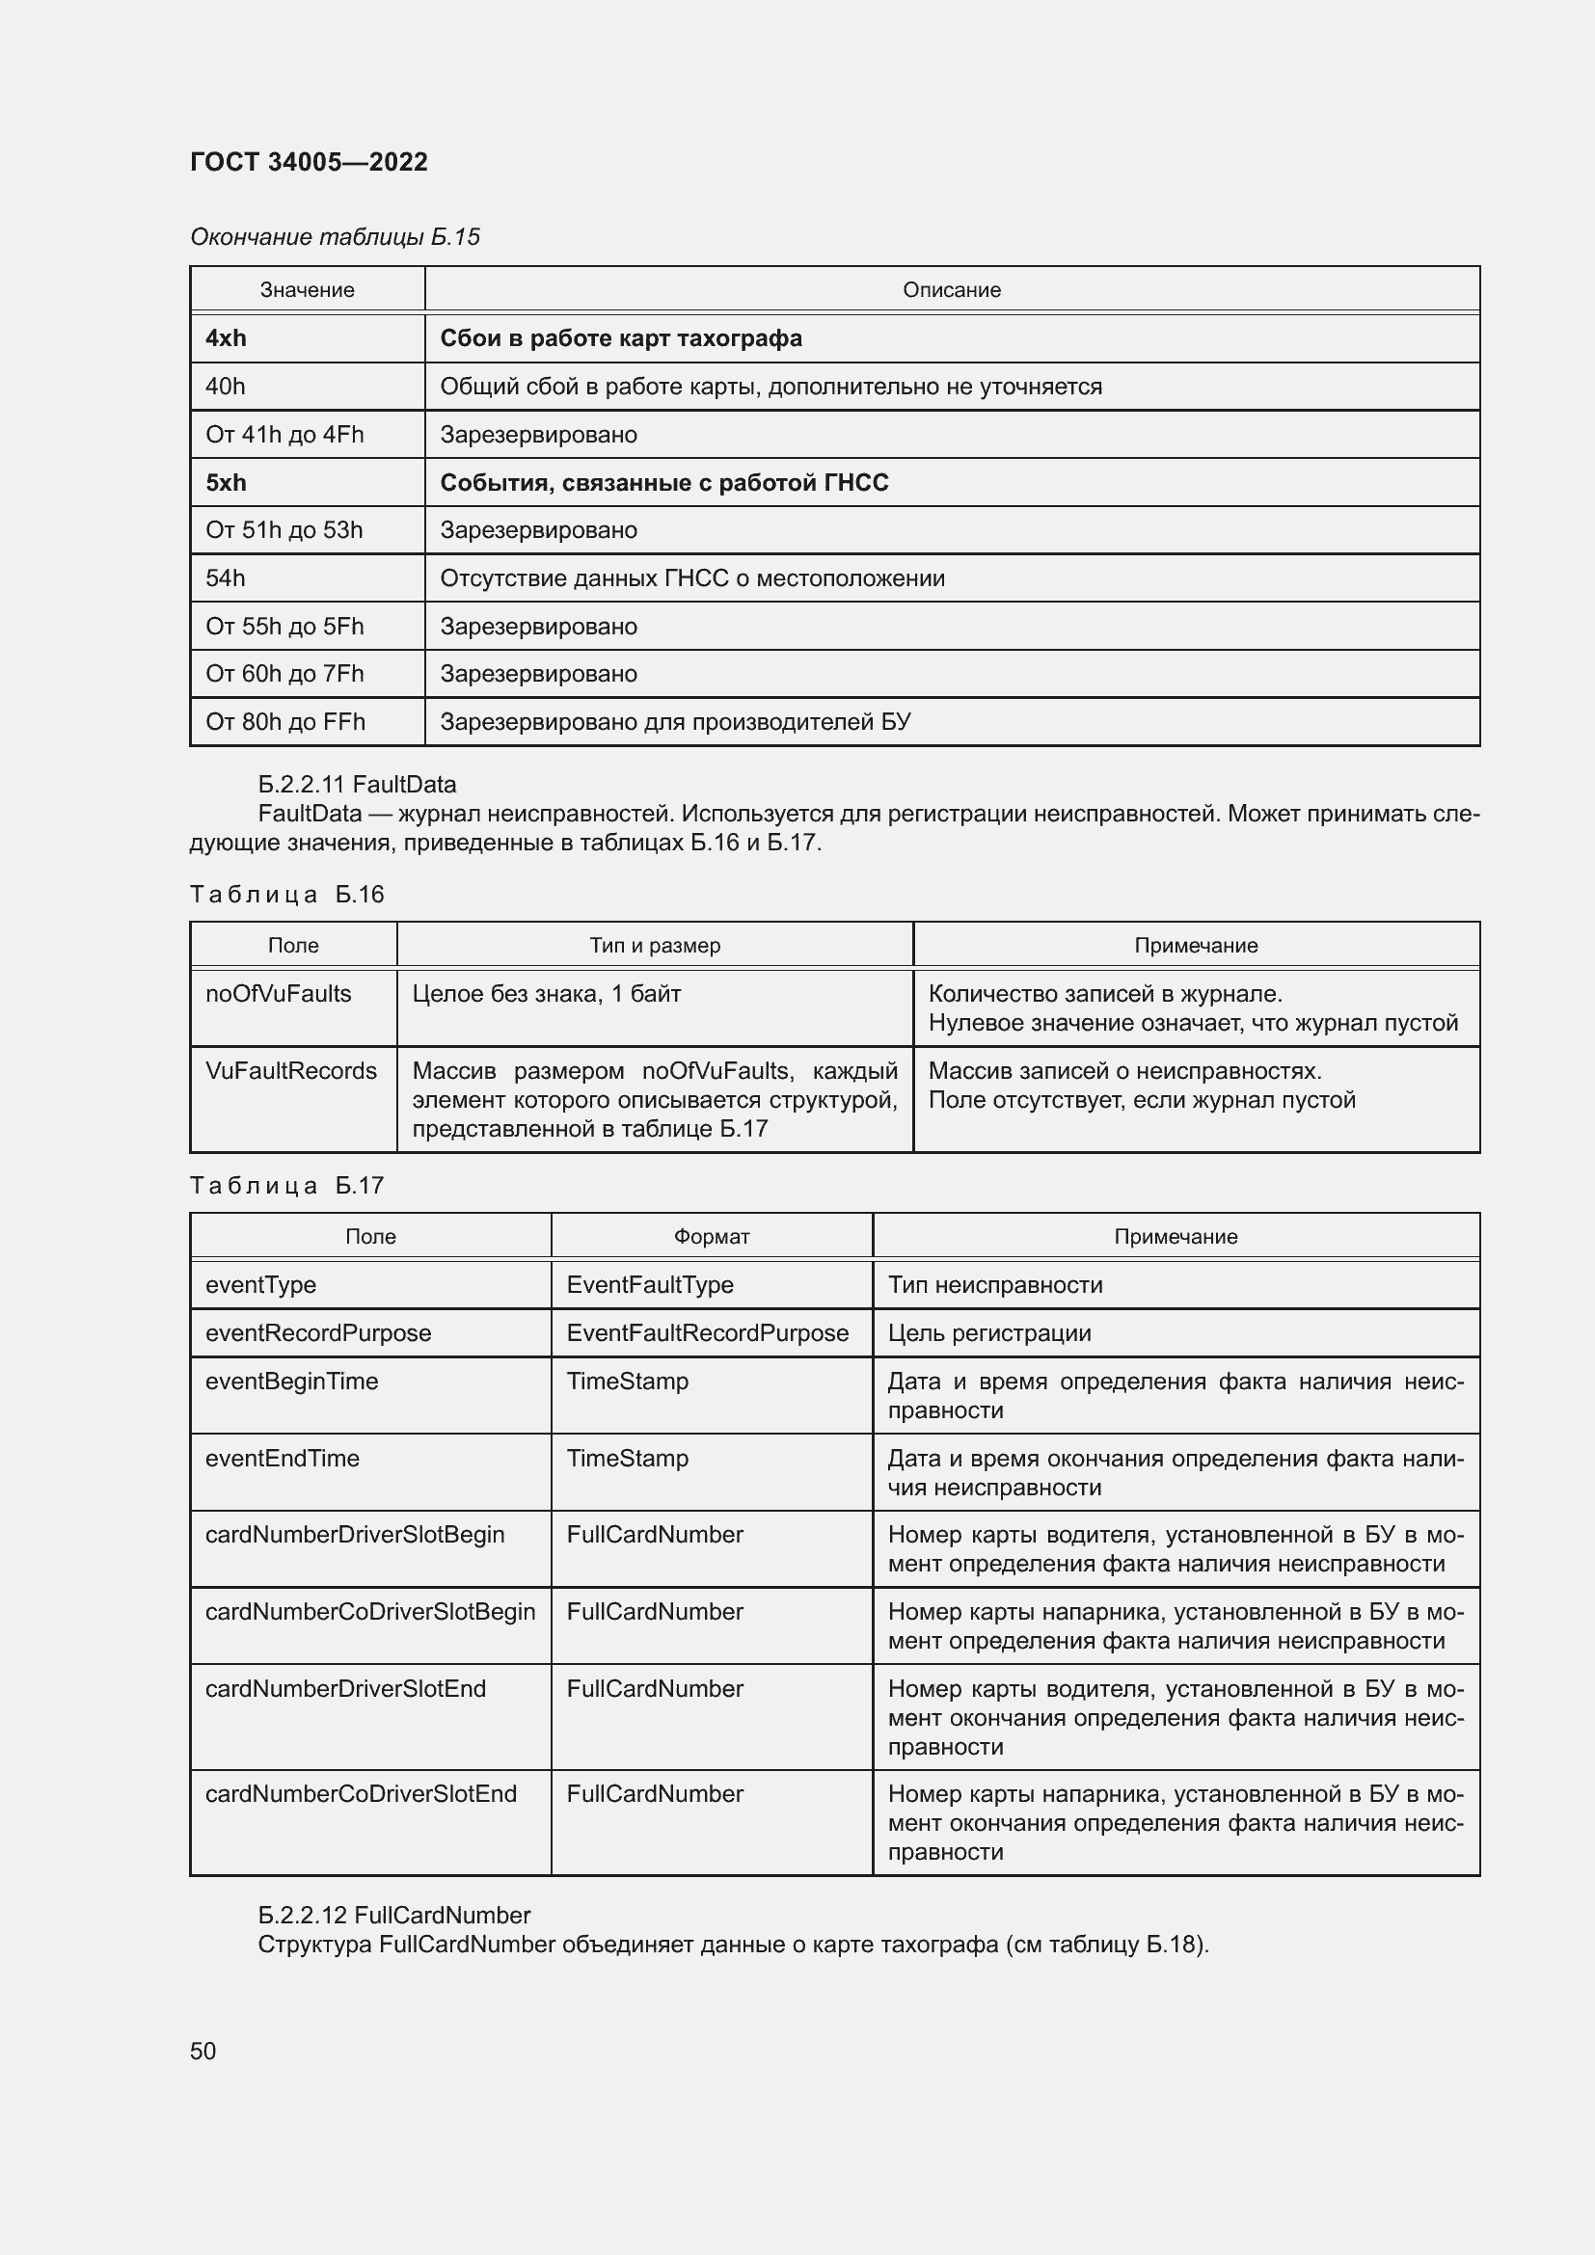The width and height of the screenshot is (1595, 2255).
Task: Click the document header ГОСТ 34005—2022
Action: [x=309, y=162]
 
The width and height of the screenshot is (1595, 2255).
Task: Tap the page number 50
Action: [x=203, y=2051]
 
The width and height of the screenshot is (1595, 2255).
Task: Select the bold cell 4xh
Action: [x=226, y=338]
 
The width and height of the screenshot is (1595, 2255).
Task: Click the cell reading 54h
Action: [x=226, y=578]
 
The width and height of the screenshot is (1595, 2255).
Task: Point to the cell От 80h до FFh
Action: [x=284, y=722]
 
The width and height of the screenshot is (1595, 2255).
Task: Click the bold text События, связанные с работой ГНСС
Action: [x=663, y=483]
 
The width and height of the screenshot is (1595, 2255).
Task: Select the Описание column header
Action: [x=951, y=291]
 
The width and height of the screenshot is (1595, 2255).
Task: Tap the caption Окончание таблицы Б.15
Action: [x=335, y=237]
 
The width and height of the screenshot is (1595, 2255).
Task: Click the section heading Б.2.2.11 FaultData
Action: [x=357, y=785]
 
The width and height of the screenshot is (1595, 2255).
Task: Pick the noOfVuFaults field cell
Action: [x=278, y=994]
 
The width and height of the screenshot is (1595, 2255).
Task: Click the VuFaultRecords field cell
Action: [x=290, y=1070]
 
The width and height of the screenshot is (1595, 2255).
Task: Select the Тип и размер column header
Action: [x=654, y=946]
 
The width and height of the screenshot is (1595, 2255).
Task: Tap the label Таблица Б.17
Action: [x=286, y=1186]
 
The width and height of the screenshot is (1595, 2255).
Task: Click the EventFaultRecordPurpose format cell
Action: [x=707, y=1332]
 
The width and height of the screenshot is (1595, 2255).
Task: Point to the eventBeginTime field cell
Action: [x=290, y=1381]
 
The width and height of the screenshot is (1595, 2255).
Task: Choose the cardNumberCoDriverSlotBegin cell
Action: [x=370, y=1612]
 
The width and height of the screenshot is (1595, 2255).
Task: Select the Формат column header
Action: [x=711, y=1237]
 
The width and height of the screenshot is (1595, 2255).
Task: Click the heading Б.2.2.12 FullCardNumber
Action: [x=392, y=1916]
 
